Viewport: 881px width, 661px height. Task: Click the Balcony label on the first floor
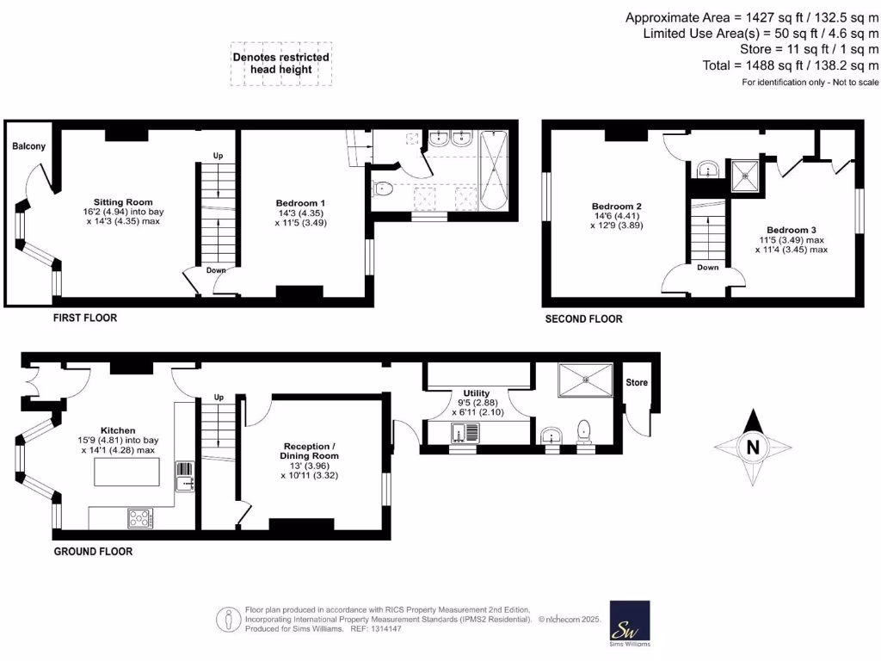[x=28, y=146]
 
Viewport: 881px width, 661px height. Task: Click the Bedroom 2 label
[x=617, y=207]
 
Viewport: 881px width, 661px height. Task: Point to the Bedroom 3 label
[x=792, y=230]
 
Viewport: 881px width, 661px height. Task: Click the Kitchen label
[x=118, y=429]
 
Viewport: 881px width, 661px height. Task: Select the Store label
[x=637, y=382]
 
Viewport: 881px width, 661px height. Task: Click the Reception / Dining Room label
[x=309, y=451]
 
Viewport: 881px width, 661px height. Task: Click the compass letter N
[x=753, y=448]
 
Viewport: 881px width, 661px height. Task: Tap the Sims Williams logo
[x=630, y=624]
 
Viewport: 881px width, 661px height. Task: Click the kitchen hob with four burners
[x=140, y=518]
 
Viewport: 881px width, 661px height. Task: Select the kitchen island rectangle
[x=124, y=473]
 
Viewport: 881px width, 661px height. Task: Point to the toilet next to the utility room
[x=583, y=431]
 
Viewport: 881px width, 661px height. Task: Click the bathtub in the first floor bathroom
[x=494, y=170]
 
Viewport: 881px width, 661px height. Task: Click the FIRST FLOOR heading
[x=84, y=318]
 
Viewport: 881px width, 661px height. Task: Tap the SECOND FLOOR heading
[x=583, y=318]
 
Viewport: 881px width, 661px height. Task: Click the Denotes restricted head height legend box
[x=281, y=64]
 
